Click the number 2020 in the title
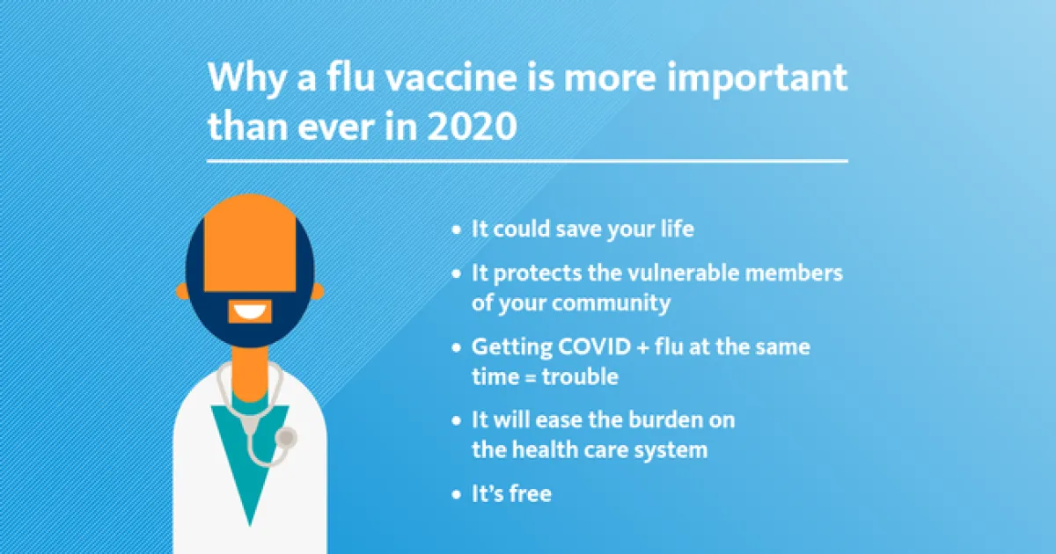[x=472, y=127]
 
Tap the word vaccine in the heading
[x=451, y=77]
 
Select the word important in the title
[x=757, y=77]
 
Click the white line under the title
[x=527, y=161]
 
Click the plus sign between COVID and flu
[x=643, y=347]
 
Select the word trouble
[x=580, y=376]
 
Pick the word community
[x=611, y=303]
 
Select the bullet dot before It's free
[x=456, y=494]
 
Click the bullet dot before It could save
[x=456, y=230]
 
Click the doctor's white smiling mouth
[x=249, y=311]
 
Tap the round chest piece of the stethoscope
[x=286, y=438]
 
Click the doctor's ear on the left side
[x=182, y=291]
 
